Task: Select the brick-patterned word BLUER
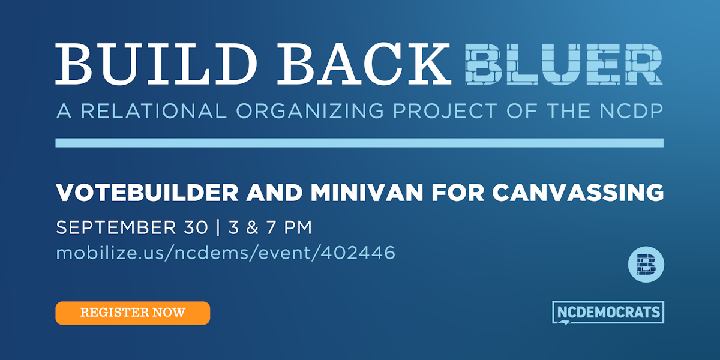point(564,64)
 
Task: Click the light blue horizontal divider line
point(359,143)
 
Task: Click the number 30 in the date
point(193,228)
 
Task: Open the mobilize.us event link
point(226,253)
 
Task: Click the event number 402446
point(358,253)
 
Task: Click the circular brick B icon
point(646,263)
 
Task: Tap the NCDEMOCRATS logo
point(607,312)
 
